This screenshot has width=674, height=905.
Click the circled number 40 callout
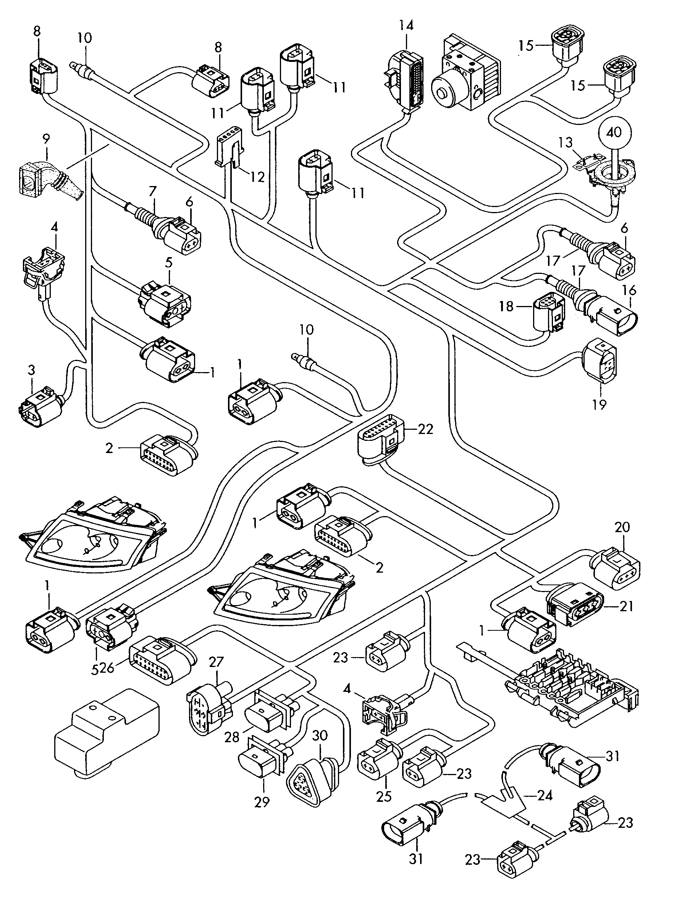pos(614,132)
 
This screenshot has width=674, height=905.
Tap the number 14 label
pos(406,26)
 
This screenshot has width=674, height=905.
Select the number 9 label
pos(46,139)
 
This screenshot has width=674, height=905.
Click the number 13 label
pos(566,143)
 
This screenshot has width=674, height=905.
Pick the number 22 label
pos(425,429)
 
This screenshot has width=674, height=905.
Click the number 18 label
pos(506,306)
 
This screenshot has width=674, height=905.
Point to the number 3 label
pos(31,370)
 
